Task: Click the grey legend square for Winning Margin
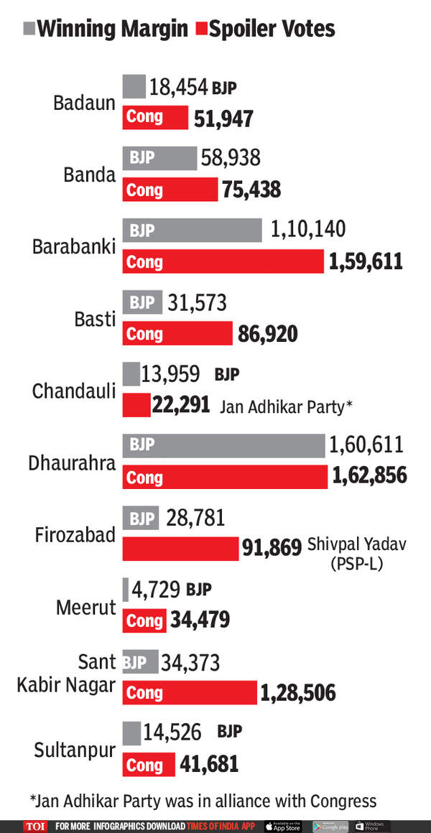[x=29, y=29]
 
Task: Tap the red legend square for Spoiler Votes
[x=200, y=29]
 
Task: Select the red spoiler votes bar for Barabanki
[x=223, y=262]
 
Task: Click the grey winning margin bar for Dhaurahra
[x=223, y=445]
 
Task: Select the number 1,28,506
[x=297, y=693]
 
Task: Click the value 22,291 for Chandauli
[x=180, y=406]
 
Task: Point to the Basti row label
[x=95, y=318]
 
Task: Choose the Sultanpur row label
[x=75, y=750]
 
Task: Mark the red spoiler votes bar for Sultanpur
[x=149, y=765]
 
